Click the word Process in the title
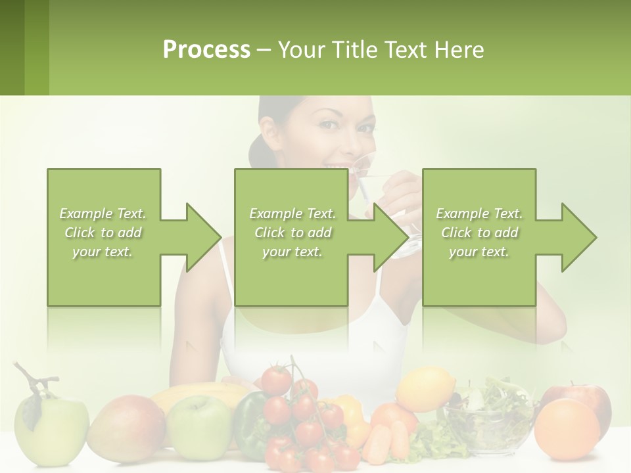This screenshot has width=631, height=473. [x=206, y=49]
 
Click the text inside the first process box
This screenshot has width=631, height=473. [x=103, y=233]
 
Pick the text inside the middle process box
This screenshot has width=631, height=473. [x=292, y=233]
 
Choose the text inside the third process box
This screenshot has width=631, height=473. [x=479, y=233]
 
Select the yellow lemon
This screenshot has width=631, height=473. [x=425, y=390]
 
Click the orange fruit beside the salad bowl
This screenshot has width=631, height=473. [x=567, y=429]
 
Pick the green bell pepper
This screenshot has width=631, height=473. [x=250, y=424]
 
